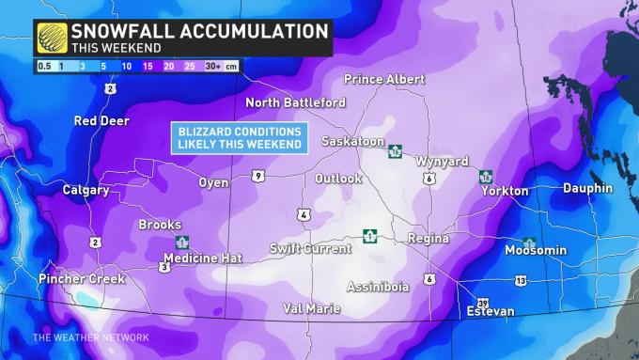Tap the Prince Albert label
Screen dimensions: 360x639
click(x=384, y=78)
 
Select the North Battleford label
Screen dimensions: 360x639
click(x=295, y=102)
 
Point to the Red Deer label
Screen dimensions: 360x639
click(x=102, y=121)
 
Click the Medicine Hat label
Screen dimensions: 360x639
click(x=203, y=258)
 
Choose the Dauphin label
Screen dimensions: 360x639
click(x=587, y=189)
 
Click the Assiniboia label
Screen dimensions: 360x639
click(x=378, y=287)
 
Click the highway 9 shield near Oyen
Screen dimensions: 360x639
click(x=257, y=176)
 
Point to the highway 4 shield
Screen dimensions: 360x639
click(x=304, y=215)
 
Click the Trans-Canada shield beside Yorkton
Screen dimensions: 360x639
click(x=486, y=176)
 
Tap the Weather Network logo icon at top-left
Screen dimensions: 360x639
click(x=53, y=38)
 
